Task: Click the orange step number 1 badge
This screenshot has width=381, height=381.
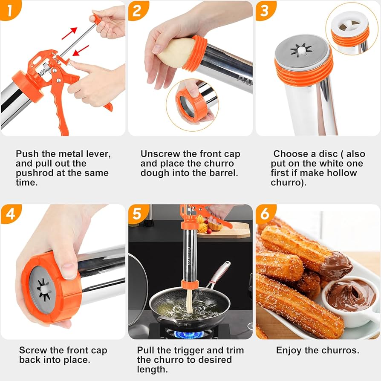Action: coord(9,9)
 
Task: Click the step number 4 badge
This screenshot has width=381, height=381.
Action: coord(9,214)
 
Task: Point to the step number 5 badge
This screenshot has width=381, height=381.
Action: coord(137,214)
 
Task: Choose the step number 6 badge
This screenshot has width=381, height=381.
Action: coord(265,214)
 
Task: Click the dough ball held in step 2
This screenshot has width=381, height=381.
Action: coord(175,53)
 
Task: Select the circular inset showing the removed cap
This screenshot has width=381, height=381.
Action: coord(192,105)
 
